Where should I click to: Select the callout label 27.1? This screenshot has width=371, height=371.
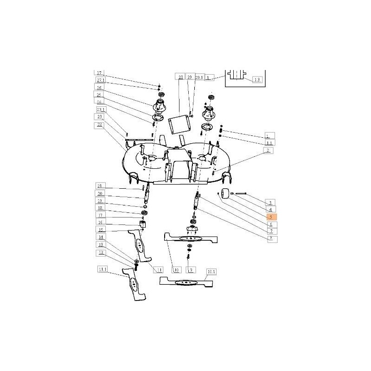[x=100, y=80]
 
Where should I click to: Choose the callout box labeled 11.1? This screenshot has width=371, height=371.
[x=102, y=269]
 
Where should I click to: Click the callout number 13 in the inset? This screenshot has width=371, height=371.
[x=257, y=79]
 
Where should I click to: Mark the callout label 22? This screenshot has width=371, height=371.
[x=100, y=125]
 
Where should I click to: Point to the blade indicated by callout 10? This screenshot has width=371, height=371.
[x=190, y=237]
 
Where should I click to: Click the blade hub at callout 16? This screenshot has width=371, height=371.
[x=143, y=225]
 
